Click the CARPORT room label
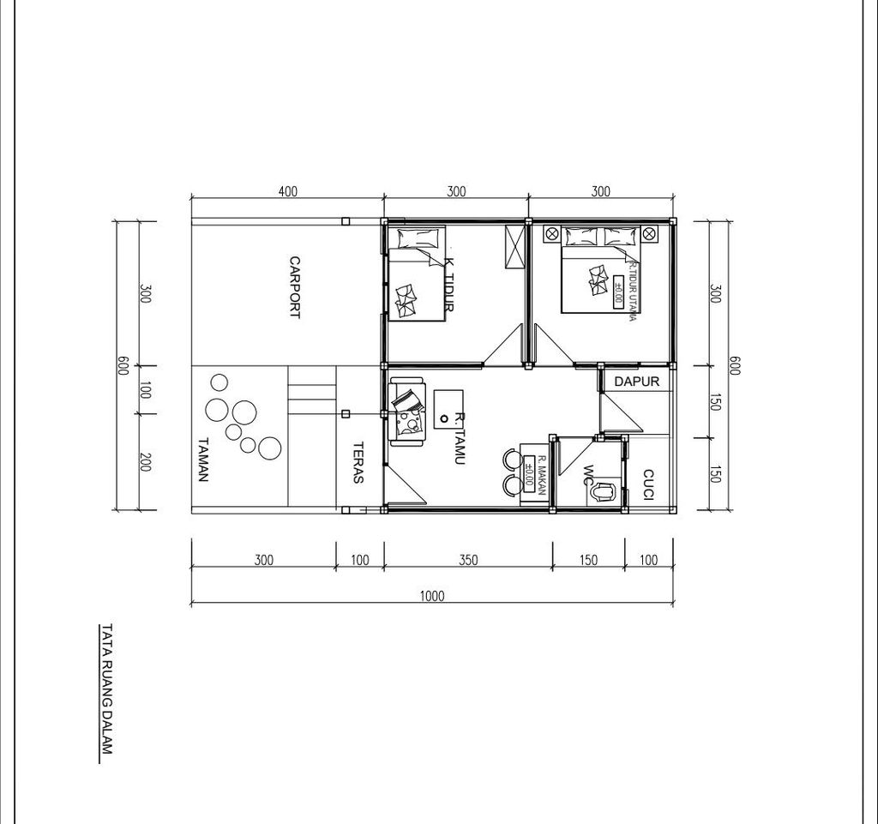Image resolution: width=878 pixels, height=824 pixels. (x=295, y=287)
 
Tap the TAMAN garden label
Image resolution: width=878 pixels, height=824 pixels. (x=203, y=459)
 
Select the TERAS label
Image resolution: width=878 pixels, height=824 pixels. (x=358, y=462)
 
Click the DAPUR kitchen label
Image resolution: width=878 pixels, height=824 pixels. (x=637, y=382)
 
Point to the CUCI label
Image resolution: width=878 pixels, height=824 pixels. (x=648, y=485)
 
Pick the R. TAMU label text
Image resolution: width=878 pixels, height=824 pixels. (x=460, y=439)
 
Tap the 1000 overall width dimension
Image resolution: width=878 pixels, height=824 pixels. (x=432, y=596)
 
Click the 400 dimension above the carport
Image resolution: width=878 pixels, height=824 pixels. (x=288, y=191)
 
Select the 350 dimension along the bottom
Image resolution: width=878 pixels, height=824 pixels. (x=469, y=560)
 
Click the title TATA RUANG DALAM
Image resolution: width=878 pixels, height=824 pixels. (x=106, y=689)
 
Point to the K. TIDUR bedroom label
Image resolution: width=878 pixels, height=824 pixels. (x=448, y=284)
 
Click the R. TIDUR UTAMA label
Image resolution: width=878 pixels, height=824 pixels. (x=633, y=292)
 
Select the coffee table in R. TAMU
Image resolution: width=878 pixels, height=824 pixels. (x=448, y=410)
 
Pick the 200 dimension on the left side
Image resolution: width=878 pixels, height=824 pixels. (x=144, y=462)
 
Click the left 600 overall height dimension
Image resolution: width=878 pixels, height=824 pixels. (x=123, y=365)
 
